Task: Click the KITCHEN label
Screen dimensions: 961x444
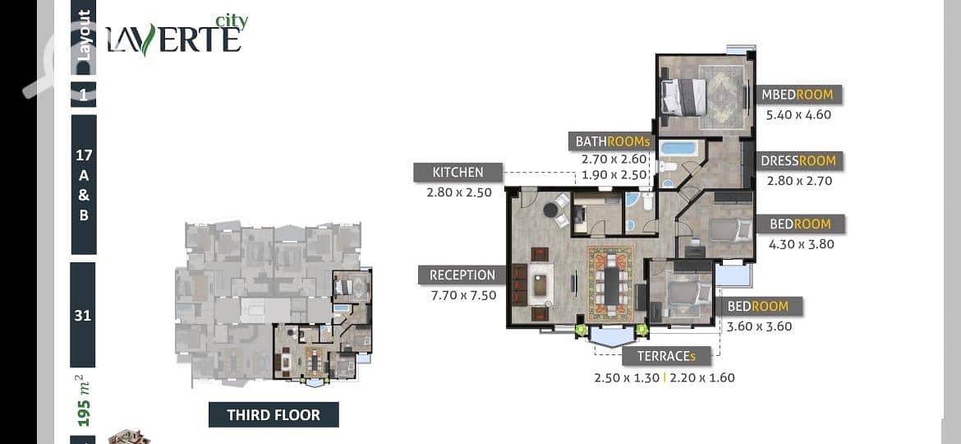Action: pyautogui.click(x=458, y=173)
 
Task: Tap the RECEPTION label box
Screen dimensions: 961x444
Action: pyautogui.click(x=462, y=275)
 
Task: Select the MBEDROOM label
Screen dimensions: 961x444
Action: pyautogui.click(x=798, y=95)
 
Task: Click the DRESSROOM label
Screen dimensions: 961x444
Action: pyautogui.click(x=798, y=160)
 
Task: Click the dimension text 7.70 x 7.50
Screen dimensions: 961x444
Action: pyautogui.click(x=464, y=295)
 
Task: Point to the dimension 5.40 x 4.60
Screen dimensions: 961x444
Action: pyautogui.click(x=798, y=114)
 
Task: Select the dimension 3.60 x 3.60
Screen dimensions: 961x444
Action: pyautogui.click(x=759, y=326)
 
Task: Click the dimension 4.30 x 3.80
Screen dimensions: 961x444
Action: pyautogui.click(x=802, y=243)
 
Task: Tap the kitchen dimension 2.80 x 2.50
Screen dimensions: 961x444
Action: pyautogui.click(x=459, y=192)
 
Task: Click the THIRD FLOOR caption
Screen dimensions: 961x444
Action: pyautogui.click(x=274, y=414)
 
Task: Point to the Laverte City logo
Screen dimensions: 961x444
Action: pyautogui.click(x=177, y=35)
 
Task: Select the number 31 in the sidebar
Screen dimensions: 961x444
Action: pyautogui.click(x=83, y=315)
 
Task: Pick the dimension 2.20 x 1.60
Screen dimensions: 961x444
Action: pyautogui.click(x=701, y=377)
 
